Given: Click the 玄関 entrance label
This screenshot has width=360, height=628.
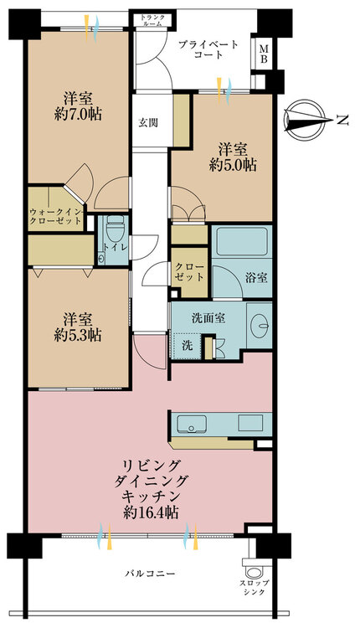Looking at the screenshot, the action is [147, 123].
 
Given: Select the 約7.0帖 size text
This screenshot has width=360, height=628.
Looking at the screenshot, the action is [78, 115].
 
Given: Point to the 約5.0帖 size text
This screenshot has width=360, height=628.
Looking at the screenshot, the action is [233, 165].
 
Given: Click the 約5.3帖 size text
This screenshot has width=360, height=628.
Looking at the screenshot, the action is [78, 335].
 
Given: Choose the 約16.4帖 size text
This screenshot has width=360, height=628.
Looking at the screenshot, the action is [151, 513].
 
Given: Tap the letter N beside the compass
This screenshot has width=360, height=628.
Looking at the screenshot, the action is [342, 120].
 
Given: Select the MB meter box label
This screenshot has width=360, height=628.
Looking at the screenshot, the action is [264, 54].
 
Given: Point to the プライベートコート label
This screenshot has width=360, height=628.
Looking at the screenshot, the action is [208, 49].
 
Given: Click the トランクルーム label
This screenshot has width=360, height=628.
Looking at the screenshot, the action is [152, 20].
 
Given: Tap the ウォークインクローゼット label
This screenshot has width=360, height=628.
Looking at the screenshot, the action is [56, 216].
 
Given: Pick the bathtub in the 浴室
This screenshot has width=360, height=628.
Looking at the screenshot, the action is [241, 241].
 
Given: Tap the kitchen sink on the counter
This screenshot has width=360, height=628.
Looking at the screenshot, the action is [192, 424].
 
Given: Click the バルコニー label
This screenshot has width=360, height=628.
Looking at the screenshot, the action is [149, 574].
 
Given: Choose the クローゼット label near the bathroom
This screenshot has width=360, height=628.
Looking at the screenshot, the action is [189, 272].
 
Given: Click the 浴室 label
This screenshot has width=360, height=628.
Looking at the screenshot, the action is [256, 278].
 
